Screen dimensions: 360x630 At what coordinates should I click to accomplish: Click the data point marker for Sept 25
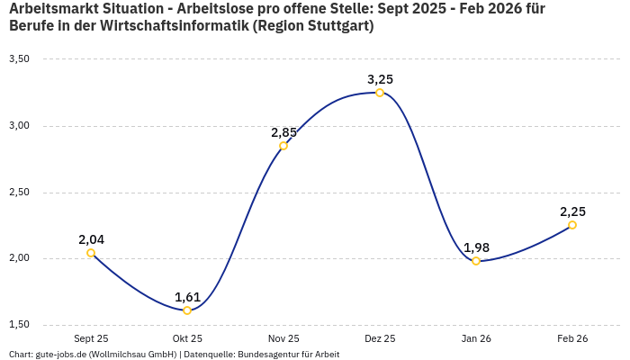point(91,253)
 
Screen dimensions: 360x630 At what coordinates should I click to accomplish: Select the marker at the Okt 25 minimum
point(187,310)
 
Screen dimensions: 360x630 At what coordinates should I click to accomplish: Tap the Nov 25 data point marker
point(283,146)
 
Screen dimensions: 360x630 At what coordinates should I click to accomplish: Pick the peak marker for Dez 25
point(380,93)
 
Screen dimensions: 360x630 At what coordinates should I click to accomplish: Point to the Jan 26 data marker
point(476,261)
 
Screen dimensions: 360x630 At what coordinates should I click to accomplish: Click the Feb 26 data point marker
point(572,225)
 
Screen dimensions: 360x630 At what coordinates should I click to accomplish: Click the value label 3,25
point(380,79)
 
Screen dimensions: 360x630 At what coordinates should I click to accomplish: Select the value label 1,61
point(187,297)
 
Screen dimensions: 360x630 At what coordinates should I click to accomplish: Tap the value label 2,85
point(283,132)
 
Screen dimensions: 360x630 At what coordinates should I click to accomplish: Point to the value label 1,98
point(476,247)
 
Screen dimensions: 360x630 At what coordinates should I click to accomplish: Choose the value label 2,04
point(91,239)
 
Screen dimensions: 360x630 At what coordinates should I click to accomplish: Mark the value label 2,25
point(572,211)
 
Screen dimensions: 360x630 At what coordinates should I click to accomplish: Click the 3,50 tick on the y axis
point(20,59)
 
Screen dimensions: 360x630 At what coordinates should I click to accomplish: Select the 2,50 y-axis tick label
point(20,193)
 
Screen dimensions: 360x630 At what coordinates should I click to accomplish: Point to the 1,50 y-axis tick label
point(20,325)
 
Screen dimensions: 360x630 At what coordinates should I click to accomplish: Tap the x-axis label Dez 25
point(380,338)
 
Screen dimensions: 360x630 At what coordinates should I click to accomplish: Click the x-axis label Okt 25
point(187,338)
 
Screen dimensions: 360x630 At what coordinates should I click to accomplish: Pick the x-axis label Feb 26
point(572,338)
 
